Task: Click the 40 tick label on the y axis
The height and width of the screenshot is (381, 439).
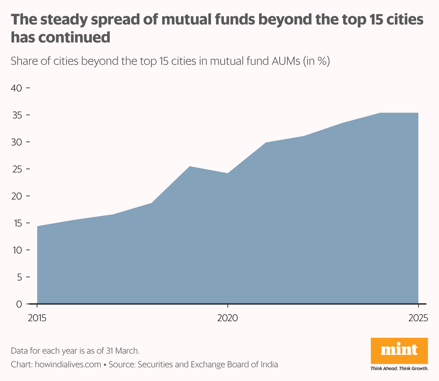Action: click(x=17, y=88)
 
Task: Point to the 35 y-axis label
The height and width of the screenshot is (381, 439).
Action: click(x=17, y=115)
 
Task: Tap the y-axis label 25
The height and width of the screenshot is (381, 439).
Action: click(x=17, y=169)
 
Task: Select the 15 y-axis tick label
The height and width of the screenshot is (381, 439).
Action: click(x=17, y=223)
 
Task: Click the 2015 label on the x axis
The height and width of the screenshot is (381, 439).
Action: click(x=37, y=318)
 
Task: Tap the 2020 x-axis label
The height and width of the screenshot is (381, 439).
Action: click(x=227, y=318)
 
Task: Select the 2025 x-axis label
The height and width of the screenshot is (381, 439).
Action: click(x=418, y=318)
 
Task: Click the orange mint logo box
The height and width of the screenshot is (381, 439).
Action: click(x=399, y=351)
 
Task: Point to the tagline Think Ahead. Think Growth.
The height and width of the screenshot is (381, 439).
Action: click(x=399, y=369)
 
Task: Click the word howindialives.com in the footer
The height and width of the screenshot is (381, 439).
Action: click(x=68, y=364)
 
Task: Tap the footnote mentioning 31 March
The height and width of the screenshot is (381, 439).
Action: click(x=75, y=351)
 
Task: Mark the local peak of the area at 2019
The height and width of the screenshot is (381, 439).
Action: click(x=190, y=167)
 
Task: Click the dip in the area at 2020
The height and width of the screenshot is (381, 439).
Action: click(x=227, y=174)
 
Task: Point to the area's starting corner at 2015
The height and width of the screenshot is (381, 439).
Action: click(x=37, y=227)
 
